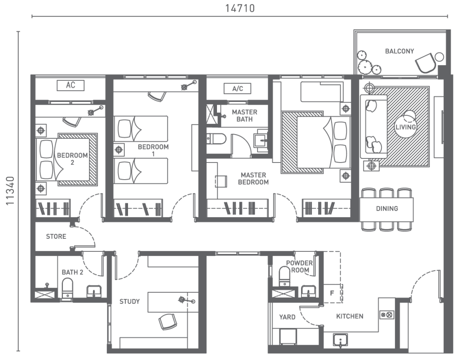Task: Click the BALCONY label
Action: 399,51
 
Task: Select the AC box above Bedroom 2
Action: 71,85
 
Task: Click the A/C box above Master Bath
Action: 238,88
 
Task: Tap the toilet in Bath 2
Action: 67,288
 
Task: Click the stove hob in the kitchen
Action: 386,316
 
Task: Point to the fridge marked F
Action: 332,293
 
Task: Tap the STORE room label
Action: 56,237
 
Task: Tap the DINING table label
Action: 387,209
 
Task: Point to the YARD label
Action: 287,317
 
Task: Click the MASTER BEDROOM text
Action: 253,178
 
